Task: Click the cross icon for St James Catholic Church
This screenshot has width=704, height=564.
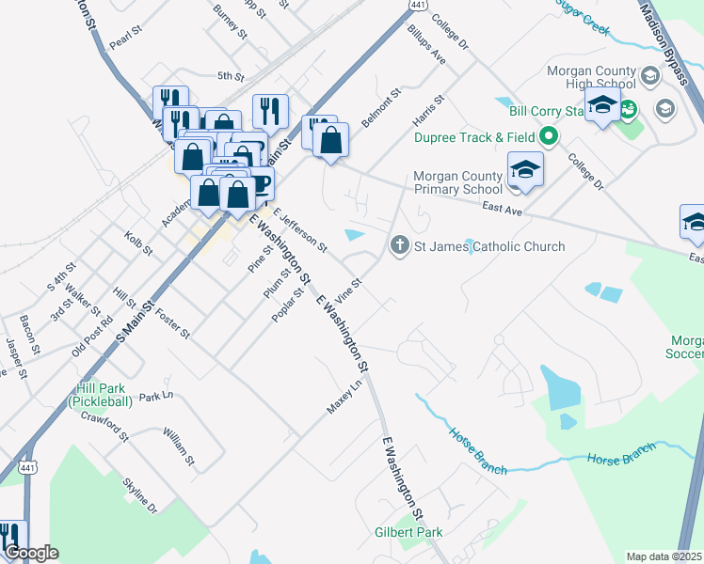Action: (399, 246)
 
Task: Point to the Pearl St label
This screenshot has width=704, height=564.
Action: (124, 43)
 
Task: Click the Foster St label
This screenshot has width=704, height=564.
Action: (172, 322)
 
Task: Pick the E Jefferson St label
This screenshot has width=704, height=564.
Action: (300, 231)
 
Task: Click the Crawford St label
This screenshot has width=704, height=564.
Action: (104, 425)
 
